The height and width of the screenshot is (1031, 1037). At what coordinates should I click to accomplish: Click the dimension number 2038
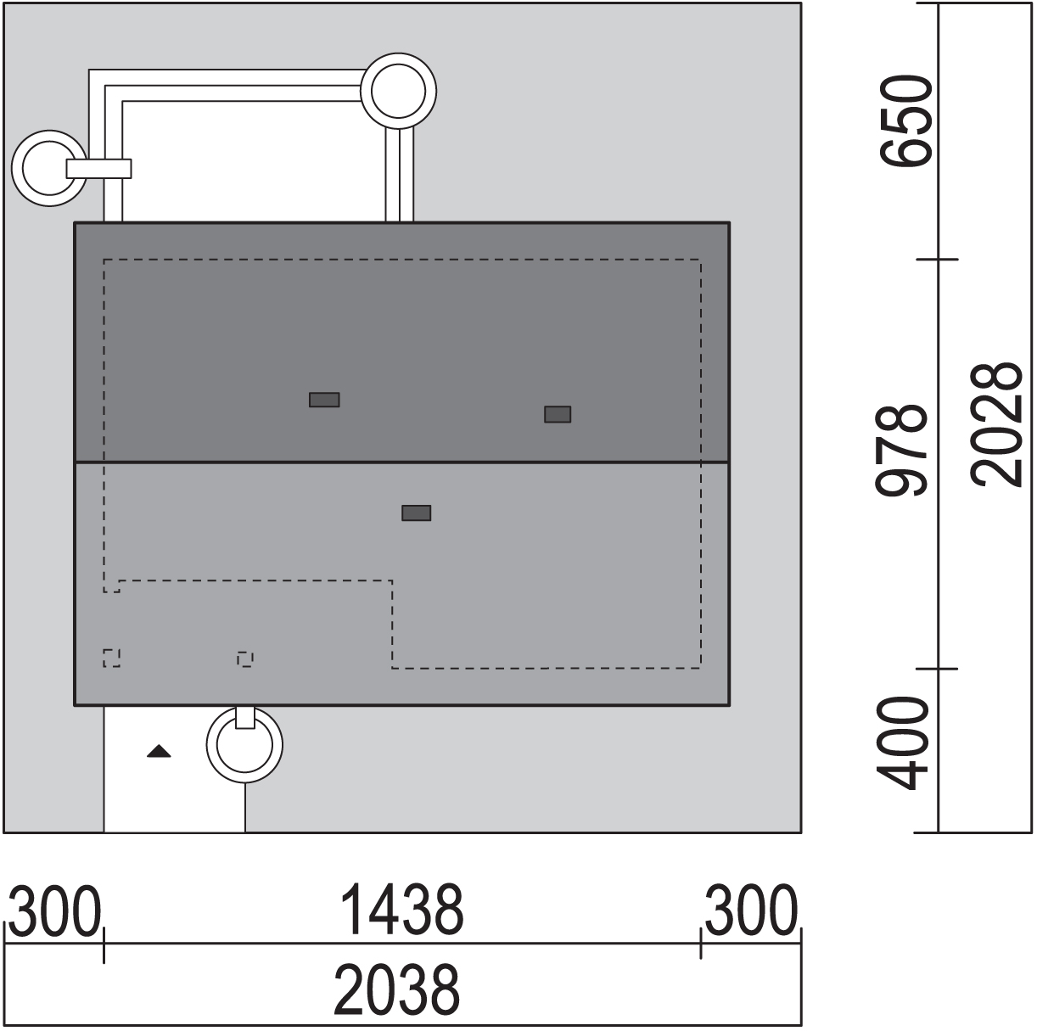coord(396,989)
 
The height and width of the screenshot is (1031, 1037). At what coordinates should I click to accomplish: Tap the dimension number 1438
coord(402,910)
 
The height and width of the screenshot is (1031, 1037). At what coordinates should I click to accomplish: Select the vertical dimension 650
coord(905,120)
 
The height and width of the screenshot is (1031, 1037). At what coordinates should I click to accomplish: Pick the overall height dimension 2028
coord(995,425)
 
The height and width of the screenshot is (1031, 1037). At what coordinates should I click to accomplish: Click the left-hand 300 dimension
coord(55,911)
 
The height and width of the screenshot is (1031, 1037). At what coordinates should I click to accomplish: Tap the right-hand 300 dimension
coord(751,910)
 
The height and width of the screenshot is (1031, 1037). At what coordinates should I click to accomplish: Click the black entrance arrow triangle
coord(159,751)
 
